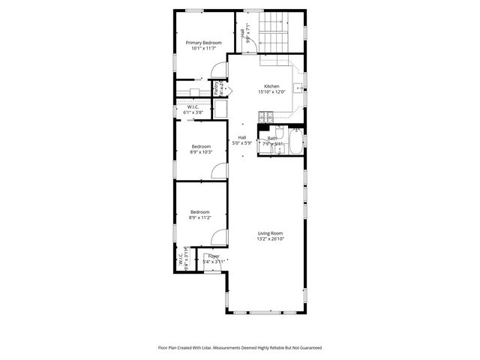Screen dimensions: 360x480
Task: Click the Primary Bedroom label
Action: coord(204,43)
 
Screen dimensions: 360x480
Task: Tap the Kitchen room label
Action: coord(271,86)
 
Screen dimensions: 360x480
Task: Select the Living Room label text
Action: coord(271,232)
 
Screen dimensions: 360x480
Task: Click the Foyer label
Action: coord(214,256)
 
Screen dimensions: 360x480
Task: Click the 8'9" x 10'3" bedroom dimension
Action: coord(201,152)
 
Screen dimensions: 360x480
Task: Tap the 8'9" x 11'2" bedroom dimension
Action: coord(201,217)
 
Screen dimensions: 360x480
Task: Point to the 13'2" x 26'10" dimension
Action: coord(271,238)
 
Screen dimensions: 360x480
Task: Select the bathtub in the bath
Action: coord(296,143)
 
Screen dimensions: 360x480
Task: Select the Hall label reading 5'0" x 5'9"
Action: coord(242,142)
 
